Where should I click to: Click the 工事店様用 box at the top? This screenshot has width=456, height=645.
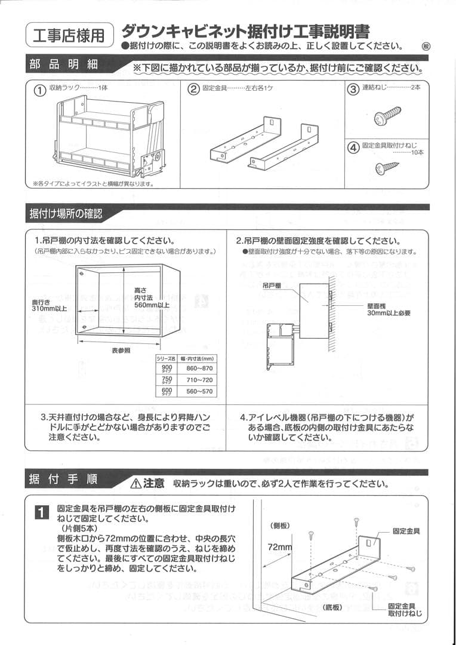click(69, 36)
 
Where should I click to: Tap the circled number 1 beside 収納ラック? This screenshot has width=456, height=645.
click(39, 90)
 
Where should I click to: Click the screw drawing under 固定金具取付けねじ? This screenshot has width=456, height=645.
click(387, 168)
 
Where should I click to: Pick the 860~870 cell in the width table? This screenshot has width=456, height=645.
click(199, 368)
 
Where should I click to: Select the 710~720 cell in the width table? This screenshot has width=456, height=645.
click(199, 380)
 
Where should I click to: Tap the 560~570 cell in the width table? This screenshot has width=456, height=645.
click(199, 392)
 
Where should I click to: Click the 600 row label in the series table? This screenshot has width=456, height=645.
click(167, 392)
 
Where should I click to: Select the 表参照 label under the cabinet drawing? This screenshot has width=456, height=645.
click(121, 351)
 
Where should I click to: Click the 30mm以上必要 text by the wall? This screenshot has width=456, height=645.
click(389, 312)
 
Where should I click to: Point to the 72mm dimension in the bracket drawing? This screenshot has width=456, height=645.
click(279, 547)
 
